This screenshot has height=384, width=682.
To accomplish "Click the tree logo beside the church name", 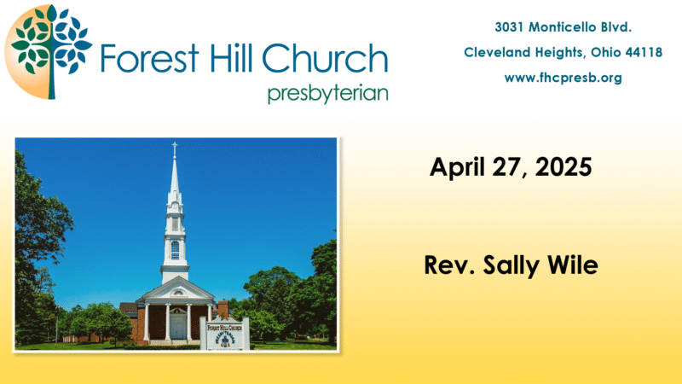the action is click(49, 52).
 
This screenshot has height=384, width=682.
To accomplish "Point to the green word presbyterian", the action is click(328, 94).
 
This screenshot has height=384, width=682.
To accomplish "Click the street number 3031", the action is click(509, 27).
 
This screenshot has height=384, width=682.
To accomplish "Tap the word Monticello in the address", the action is click(562, 27).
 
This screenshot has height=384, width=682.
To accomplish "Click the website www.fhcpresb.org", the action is click(563, 78).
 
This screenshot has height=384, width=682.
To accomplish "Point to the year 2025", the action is click(564, 166).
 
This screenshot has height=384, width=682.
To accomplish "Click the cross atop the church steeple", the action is click(175, 148).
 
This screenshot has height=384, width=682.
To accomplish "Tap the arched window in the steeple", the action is click(175, 250).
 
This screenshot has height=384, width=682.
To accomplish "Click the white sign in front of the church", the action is click(225, 334).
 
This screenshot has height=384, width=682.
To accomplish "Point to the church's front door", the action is click(177, 326).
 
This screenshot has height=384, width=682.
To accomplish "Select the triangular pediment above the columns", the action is click(176, 291).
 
